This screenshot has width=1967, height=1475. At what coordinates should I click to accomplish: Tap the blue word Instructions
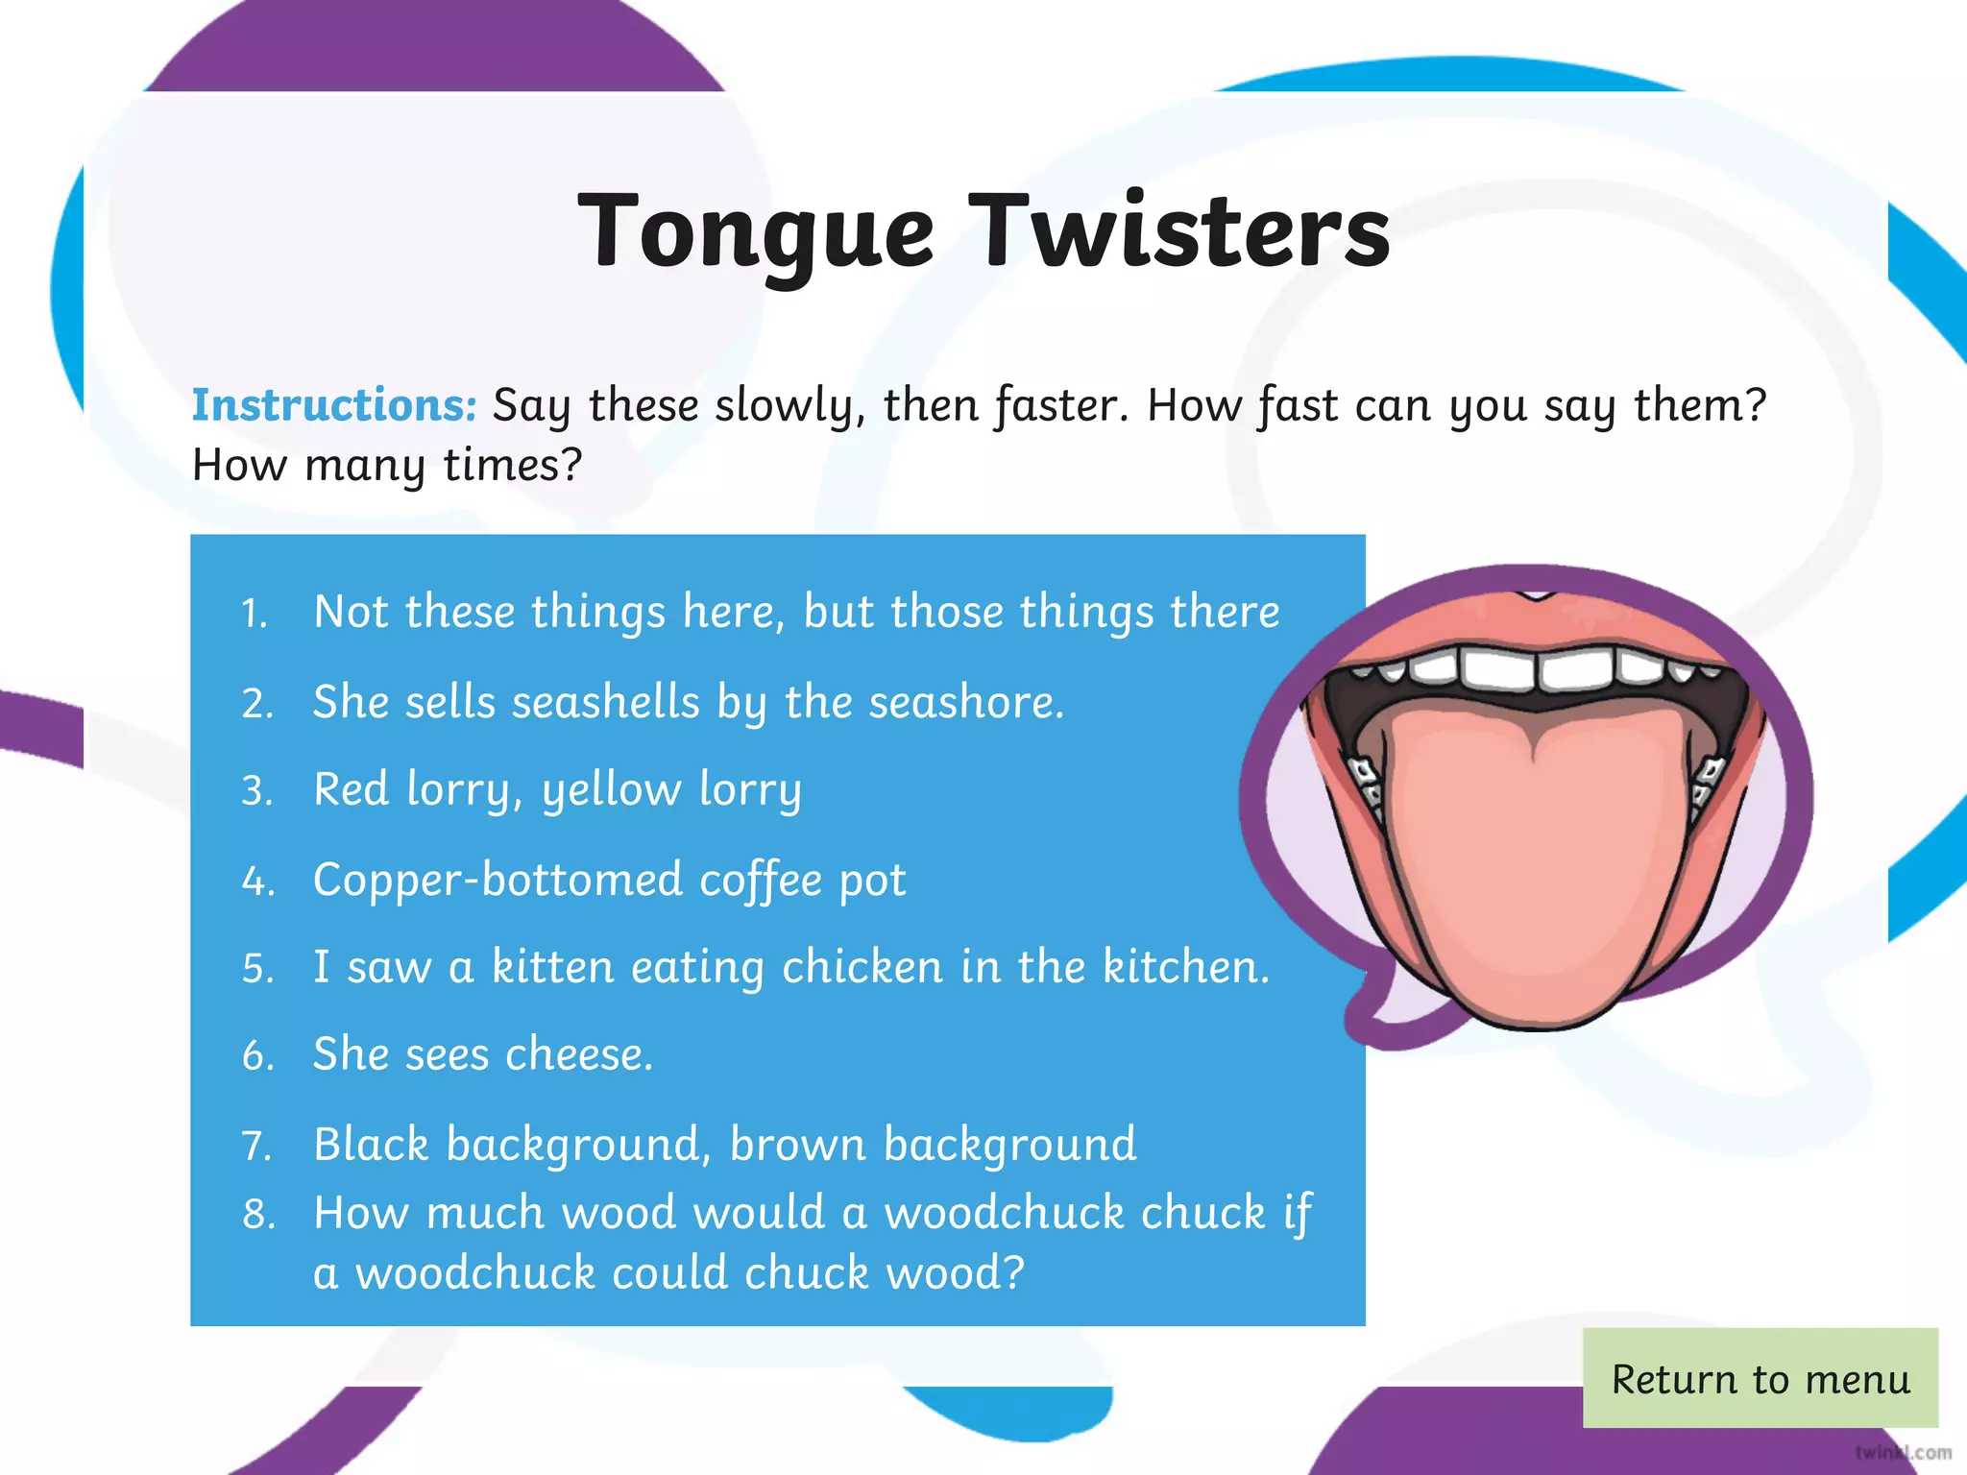pyautogui.click(x=333, y=404)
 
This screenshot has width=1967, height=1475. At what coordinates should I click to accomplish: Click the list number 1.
pyautogui.click(x=254, y=614)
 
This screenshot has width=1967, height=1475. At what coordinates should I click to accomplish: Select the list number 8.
pyautogui.click(x=258, y=1215)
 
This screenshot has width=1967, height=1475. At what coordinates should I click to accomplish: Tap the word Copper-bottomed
pyautogui.click(x=498, y=880)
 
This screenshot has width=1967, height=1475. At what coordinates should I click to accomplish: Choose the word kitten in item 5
pyautogui.click(x=552, y=966)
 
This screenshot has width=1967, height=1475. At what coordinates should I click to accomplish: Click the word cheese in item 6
pyautogui.click(x=578, y=1054)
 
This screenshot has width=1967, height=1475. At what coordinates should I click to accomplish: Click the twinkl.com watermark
pyautogui.click(x=1903, y=1452)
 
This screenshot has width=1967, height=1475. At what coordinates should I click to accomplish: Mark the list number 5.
pyautogui.click(x=257, y=969)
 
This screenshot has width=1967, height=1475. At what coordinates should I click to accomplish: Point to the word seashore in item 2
pyautogui.click(x=966, y=702)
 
